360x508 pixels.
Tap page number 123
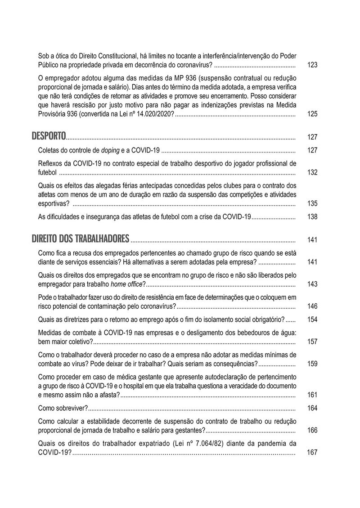point(312,65)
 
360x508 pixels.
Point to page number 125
point(312,114)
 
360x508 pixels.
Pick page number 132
point(312,172)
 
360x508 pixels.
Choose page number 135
point(312,204)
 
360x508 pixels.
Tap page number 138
point(312,217)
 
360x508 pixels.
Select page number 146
point(312,306)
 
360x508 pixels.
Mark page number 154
point(312,319)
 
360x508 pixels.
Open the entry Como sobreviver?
point(63,408)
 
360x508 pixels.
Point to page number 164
point(312,408)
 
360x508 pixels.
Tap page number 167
point(312,452)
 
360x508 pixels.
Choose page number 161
point(312,395)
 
